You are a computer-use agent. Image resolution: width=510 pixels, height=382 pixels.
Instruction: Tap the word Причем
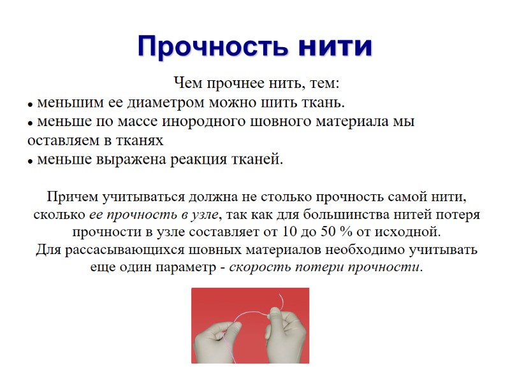(x=70, y=195)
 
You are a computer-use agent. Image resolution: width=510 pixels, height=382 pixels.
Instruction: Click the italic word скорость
(x=256, y=267)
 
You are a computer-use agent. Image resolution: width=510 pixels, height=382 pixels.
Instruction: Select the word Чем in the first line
(x=186, y=83)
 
